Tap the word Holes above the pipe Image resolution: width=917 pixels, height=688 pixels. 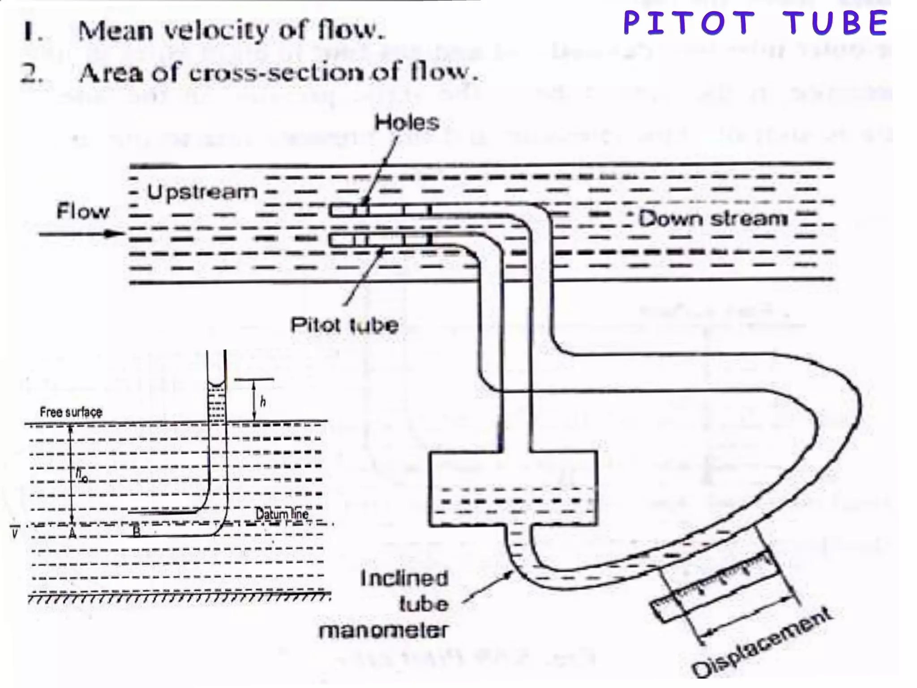pos(407,122)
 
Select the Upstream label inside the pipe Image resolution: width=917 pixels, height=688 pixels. pos(202,192)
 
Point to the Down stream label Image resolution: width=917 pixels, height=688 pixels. pos(713,219)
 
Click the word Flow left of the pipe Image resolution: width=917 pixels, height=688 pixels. pos(83,211)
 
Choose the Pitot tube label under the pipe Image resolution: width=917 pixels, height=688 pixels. pos(344,325)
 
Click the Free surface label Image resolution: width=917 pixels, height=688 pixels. pos(71,412)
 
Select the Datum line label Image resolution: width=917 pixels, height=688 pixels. pos(282,513)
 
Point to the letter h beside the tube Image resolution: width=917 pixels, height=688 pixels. pos(263,402)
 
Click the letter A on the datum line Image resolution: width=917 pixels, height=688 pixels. pos(72,533)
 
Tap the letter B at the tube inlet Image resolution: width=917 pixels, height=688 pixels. pos(137,532)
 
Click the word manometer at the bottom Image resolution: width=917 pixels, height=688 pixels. pos(383,631)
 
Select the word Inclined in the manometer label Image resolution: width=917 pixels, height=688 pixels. pos(404,578)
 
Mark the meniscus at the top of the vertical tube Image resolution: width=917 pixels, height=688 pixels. pos(217,384)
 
